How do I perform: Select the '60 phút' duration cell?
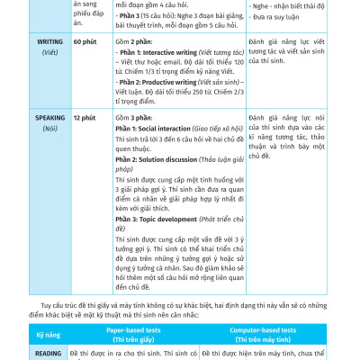85,42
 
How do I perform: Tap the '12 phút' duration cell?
84,118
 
